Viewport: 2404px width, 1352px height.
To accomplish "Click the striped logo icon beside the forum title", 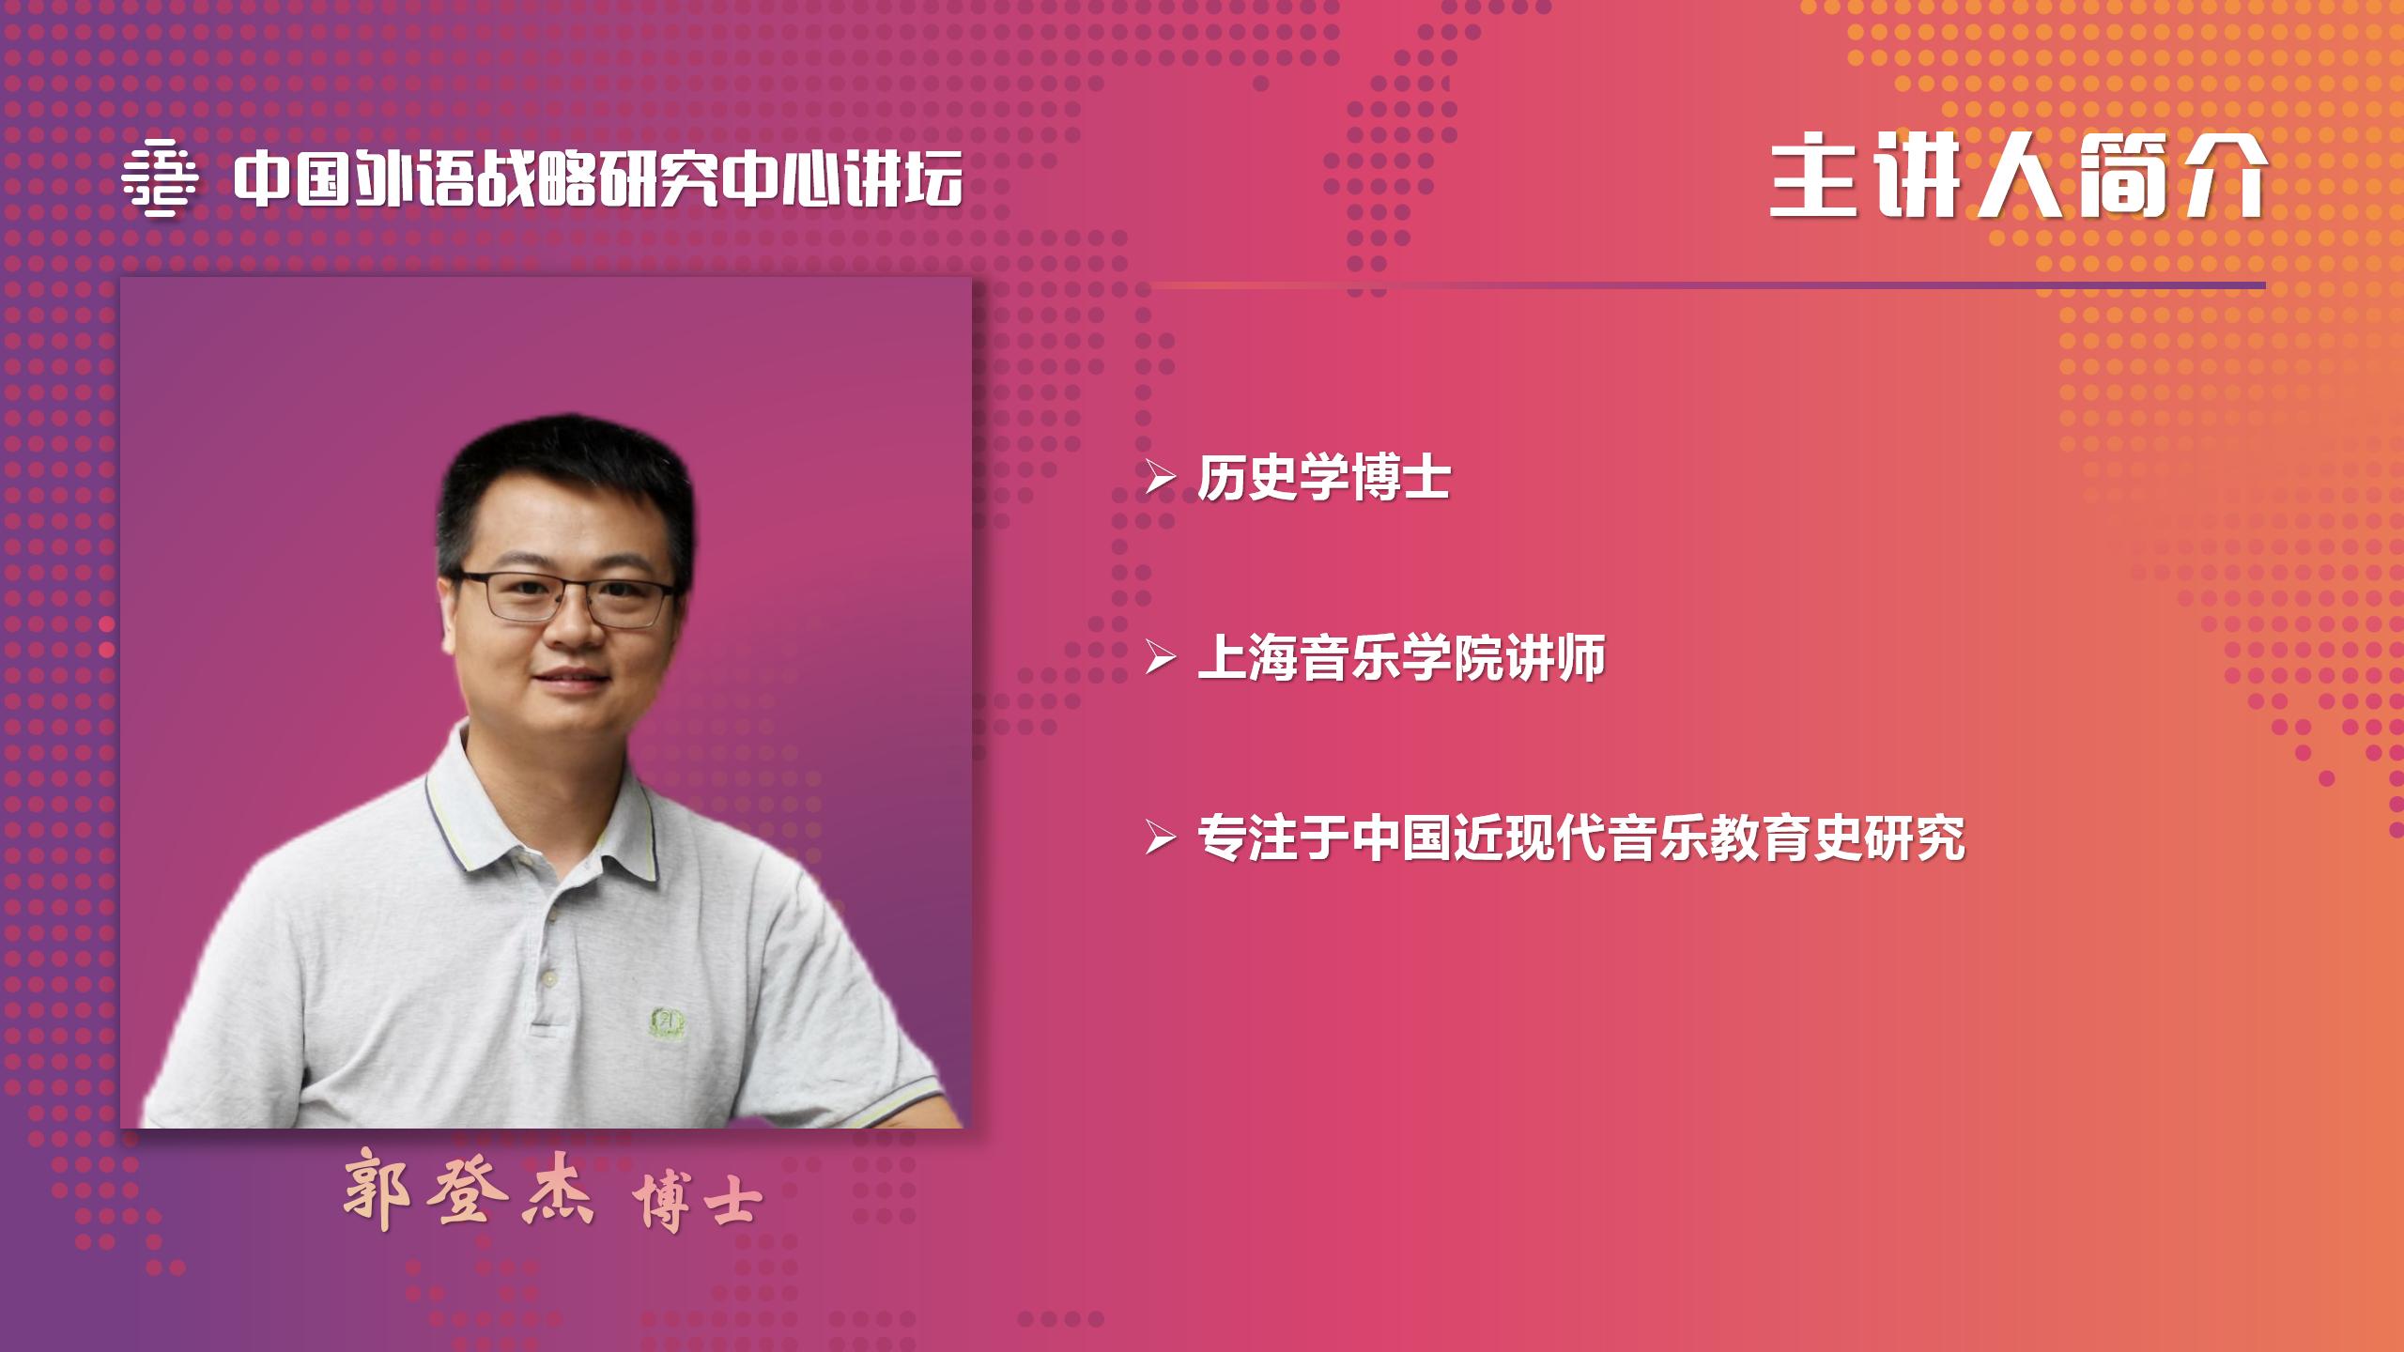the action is pos(160,178).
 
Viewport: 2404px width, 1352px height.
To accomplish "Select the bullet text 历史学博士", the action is pos(1324,479).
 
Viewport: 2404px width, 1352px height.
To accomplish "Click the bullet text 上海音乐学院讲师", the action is pos(1401,658).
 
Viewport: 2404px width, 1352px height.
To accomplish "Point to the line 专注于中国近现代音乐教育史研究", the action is pos(1581,837).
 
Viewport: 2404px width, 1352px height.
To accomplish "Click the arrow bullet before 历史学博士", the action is pos(1161,480).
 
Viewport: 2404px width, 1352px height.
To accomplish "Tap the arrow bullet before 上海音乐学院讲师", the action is pos(1161,659).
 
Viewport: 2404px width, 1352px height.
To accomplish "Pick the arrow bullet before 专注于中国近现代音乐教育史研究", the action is pos(1161,838).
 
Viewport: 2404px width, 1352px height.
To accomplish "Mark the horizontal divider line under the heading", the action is pos(1708,285).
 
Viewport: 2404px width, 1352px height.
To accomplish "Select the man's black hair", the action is pos(563,498).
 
